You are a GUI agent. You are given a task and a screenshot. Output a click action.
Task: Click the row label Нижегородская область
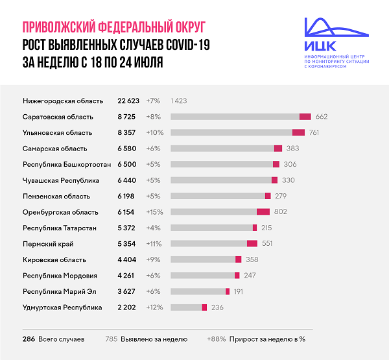click(63, 101)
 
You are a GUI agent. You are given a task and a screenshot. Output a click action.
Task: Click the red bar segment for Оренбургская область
click(263, 212)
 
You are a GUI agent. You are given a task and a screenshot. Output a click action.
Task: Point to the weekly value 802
click(281, 212)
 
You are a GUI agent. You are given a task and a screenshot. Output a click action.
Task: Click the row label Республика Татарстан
click(60, 228)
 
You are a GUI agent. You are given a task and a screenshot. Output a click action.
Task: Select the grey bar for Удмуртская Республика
click(186, 307)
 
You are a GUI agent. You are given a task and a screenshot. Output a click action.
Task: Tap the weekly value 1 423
click(179, 101)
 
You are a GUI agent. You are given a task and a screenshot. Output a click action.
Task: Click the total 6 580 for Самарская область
click(128, 149)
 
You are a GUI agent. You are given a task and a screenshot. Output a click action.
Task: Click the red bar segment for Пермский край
click(252, 244)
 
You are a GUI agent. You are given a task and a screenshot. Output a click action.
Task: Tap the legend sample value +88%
click(216, 339)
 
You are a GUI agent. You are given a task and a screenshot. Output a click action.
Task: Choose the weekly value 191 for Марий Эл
click(237, 291)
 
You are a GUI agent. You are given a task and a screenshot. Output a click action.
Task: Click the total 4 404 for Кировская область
click(128, 259)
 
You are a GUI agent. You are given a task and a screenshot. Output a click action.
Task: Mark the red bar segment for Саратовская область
click(305, 117)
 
